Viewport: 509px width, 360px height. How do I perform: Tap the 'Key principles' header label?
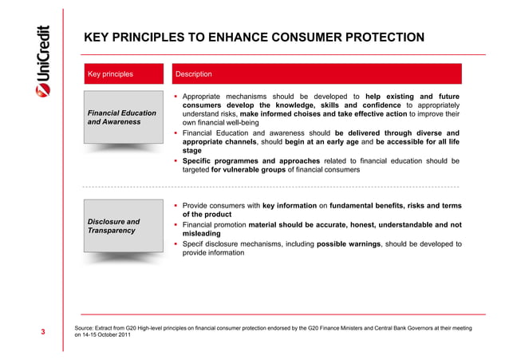point(110,74)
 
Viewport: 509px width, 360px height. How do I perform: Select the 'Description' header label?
point(194,74)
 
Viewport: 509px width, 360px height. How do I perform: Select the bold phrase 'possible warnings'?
point(352,243)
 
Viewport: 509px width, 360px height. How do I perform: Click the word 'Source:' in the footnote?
point(86,328)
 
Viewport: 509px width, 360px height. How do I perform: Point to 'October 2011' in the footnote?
point(112,336)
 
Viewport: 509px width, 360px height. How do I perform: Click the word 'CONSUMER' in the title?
point(260,37)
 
